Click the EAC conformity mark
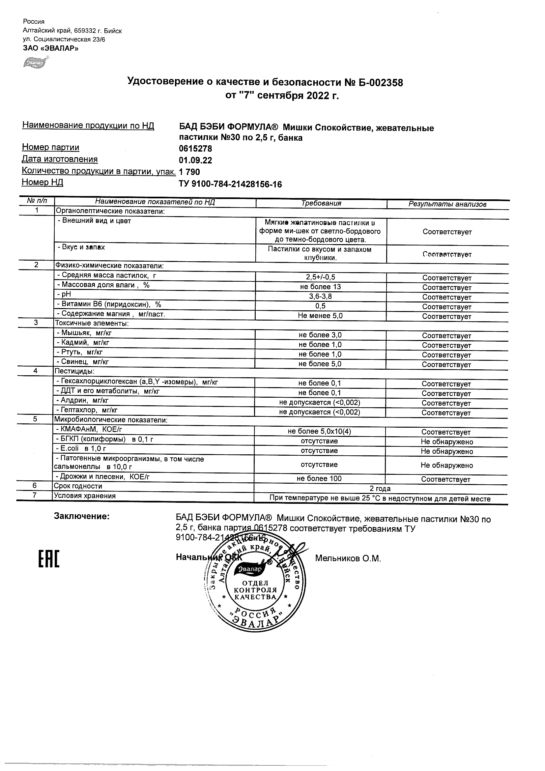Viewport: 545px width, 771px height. (x=49, y=559)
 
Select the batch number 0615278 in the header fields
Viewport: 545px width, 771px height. (x=195, y=148)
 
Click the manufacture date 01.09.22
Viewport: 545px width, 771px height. (x=195, y=160)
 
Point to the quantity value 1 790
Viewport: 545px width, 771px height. (x=189, y=172)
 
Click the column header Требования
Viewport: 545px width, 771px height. (x=321, y=203)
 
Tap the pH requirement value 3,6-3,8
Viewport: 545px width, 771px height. (x=320, y=297)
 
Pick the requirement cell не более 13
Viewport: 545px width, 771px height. (x=320, y=287)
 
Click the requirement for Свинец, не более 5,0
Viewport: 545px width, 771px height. (x=320, y=364)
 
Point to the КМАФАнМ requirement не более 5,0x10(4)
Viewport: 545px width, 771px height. (x=319, y=432)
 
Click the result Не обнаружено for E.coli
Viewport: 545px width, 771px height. (x=446, y=452)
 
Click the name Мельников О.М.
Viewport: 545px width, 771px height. (x=348, y=558)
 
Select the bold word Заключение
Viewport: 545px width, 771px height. (x=82, y=516)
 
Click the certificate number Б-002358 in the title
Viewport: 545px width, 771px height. (x=381, y=82)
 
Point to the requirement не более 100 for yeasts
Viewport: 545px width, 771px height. (x=319, y=479)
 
